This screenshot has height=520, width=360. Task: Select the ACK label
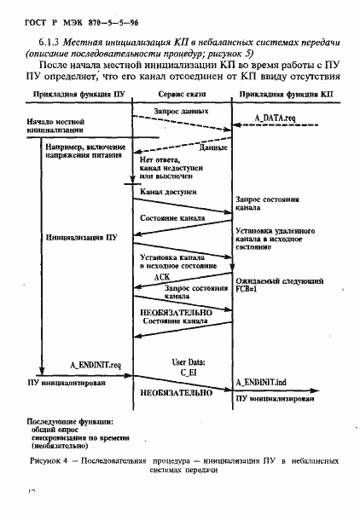(164, 278)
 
